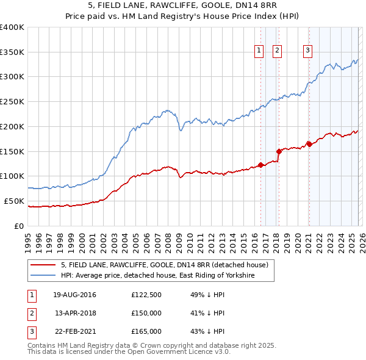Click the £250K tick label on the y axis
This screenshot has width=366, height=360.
[x=12, y=101]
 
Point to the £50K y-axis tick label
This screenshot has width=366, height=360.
[x=14, y=201]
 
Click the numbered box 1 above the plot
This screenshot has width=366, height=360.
[x=259, y=51]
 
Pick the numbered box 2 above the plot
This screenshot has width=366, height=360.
[x=277, y=51]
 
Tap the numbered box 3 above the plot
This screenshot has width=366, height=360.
[x=308, y=51]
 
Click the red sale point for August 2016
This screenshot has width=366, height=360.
[x=260, y=165]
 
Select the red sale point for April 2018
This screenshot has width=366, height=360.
[x=279, y=151]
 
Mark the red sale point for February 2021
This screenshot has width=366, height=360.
[x=309, y=144]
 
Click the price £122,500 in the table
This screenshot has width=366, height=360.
[x=146, y=295]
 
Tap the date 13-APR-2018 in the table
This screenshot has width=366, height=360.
[x=76, y=313]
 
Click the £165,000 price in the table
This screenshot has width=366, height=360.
[x=146, y=331]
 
